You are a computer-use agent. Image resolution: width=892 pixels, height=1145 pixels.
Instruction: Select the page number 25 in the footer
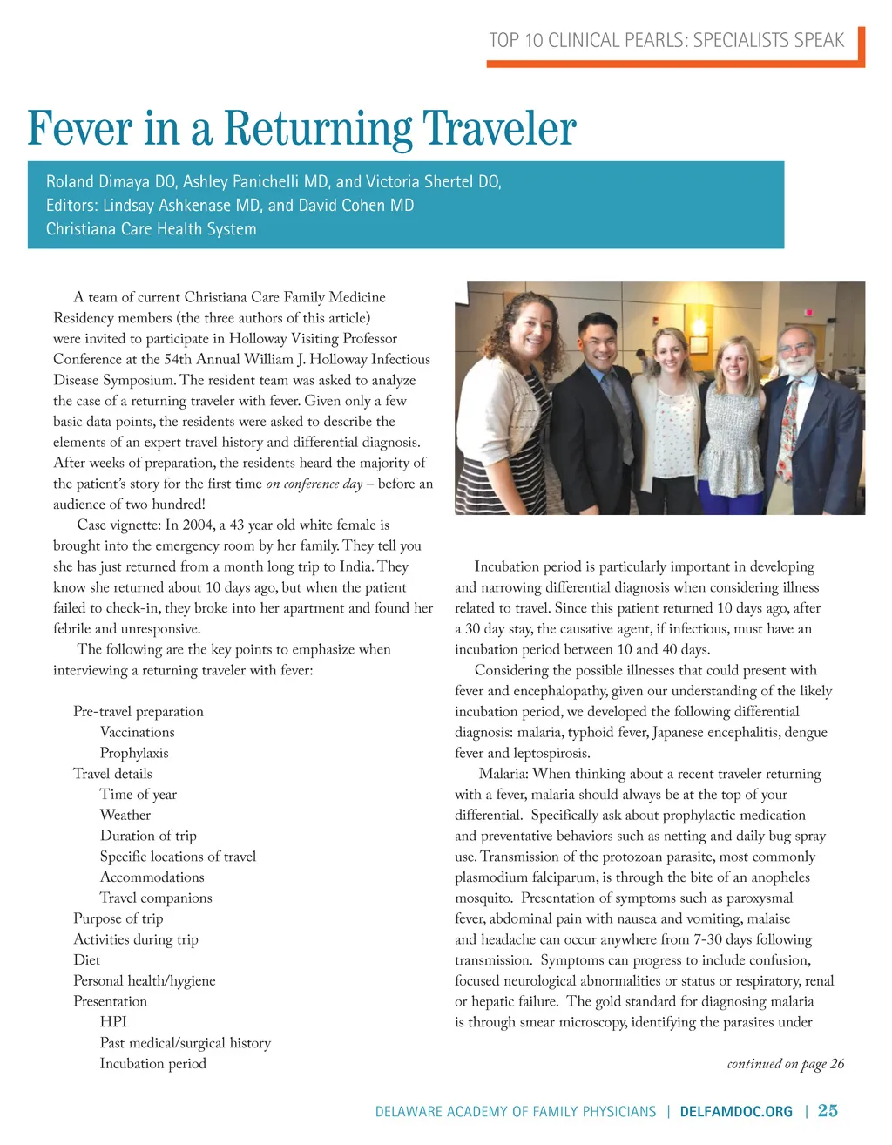tap(828, 1110)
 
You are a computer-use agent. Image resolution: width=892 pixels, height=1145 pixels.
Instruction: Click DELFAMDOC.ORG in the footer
tap(736, 1111)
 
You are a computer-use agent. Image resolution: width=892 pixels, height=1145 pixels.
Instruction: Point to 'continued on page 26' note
tap(785, 1063)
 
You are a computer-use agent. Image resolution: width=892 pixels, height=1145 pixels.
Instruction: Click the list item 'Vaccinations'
tap(137, 732)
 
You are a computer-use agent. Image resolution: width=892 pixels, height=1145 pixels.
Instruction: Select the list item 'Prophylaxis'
tap(134, 753)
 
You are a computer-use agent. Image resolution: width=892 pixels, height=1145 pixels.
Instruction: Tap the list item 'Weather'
tap(125, 815)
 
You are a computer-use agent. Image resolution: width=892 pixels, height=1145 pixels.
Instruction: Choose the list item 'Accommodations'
tap(152, 877)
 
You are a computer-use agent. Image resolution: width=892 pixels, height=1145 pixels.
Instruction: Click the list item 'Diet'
tap(86, 959)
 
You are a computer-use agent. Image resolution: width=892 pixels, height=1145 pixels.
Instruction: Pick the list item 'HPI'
tap(113, 1021)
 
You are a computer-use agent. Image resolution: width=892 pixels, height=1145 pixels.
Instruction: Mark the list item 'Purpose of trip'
tap(118, 918)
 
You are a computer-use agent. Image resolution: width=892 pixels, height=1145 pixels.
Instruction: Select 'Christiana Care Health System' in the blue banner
tap(152, 229)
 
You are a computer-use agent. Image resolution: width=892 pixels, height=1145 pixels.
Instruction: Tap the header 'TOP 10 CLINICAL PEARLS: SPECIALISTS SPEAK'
tap(666, 40)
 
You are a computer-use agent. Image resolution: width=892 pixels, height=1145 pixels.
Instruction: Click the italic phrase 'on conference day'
tap(314, 484)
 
